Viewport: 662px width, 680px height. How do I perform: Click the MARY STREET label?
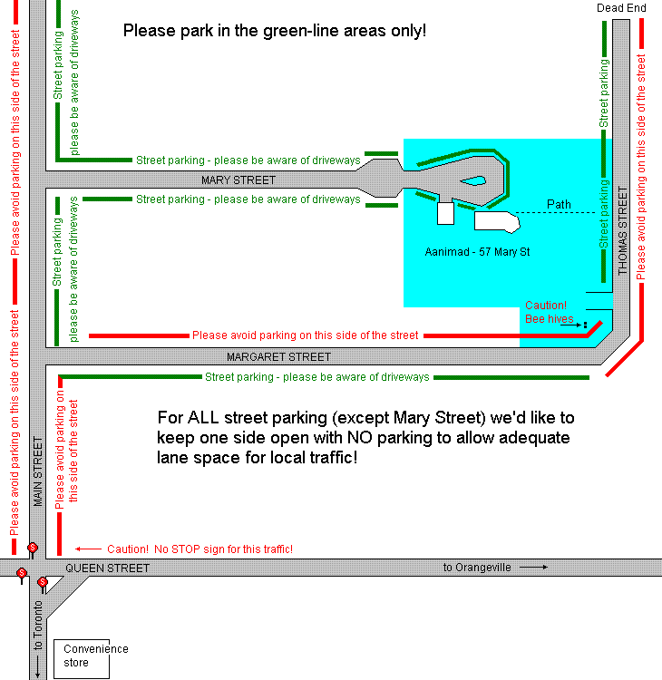click(239, 180)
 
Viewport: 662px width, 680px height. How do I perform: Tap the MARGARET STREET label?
click(278, 357)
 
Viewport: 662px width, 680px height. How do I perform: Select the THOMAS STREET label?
click(622, 230)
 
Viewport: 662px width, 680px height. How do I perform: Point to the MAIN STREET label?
click(38, 471)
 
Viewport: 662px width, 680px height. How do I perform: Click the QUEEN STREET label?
click(107, 568)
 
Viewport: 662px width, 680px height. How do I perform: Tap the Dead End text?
click(621, 8)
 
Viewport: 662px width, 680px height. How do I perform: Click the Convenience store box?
click(82, 659)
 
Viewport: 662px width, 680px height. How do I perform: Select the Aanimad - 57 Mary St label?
click(477, 252)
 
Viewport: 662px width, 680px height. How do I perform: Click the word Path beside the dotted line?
click(559, 204)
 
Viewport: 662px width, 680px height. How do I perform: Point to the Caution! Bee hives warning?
click(550, 312)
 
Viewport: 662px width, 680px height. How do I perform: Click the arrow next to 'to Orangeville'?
click(533, 567)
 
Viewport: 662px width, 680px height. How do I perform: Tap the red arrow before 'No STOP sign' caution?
click(88, 549)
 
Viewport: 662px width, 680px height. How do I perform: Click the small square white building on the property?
click(445, 213)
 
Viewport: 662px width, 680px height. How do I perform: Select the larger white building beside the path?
click(497, 221)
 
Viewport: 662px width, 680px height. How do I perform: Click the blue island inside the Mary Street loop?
click(473, 180)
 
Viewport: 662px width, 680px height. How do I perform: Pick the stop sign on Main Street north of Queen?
click(33, 549)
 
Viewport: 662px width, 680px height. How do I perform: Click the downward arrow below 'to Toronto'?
click(38, 666)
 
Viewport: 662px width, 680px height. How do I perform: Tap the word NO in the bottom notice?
click(360, 438)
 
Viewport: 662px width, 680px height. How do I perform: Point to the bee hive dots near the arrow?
click(585, 325)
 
